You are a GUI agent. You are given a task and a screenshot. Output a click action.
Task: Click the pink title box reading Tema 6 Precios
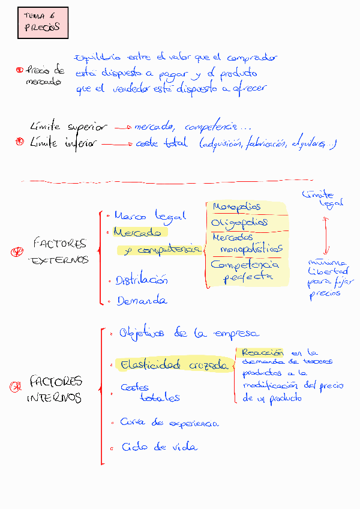[x=43, y=23]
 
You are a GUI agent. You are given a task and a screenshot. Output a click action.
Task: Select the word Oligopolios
[x=239, y=223]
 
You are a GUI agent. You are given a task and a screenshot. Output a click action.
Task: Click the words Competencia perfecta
[x=244, y=270]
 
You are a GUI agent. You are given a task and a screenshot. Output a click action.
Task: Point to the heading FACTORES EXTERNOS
[x=59, y=251]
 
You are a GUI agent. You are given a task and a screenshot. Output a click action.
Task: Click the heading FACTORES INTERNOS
[x=55, y=390]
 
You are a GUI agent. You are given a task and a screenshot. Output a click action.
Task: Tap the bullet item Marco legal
[x=150, y=215]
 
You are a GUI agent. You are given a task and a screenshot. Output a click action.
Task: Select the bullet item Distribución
[x=142, y=280]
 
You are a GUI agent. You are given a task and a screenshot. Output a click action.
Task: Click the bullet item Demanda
[x=142, y=301]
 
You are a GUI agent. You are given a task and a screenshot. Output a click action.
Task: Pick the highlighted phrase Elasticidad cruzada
[x=174, y=364]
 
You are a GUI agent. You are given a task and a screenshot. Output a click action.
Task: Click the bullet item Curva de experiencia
[x=169, y=423]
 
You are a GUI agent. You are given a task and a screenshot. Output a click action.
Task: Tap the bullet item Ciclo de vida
[x=159, y=447]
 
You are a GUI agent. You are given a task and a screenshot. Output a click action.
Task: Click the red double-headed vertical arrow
[x=326, y=235]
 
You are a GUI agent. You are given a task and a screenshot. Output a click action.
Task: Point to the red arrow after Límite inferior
[x=118, y=144]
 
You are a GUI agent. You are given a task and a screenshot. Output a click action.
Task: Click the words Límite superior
[x=68, y=127]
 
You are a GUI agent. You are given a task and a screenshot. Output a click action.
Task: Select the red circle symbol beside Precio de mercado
[x=20, y=70]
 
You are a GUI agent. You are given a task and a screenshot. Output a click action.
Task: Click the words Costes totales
[x=150, y=393]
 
